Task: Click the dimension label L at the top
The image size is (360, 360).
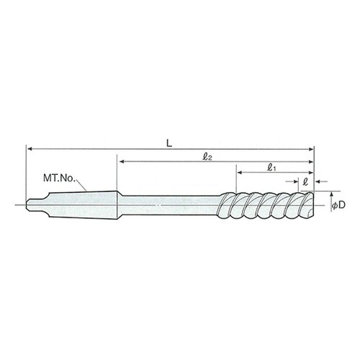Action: pyautogui.click(x=169, y=143)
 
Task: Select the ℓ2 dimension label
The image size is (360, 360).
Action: pyautogui.click(x=207, y=157)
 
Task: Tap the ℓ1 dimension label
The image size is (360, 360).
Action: pyautogui.click(x=271, y=168)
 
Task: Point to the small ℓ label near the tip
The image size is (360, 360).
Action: pyautogui.click(x=305, y=181)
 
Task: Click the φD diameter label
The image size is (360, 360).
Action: pyautogui.click(x=338, y=204)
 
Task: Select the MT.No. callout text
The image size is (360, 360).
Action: pyautogui.click(x=59, y=178)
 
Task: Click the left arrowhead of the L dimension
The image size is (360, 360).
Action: pyautogui.click(x=30, y=149)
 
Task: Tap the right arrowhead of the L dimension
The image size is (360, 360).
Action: pyautogui.click(x=311, y=149)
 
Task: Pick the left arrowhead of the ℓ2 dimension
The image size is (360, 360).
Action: pyautogui.click(x=122, y=161)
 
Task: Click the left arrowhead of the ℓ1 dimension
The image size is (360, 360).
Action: pyautogui.click(x=240, y=172)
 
